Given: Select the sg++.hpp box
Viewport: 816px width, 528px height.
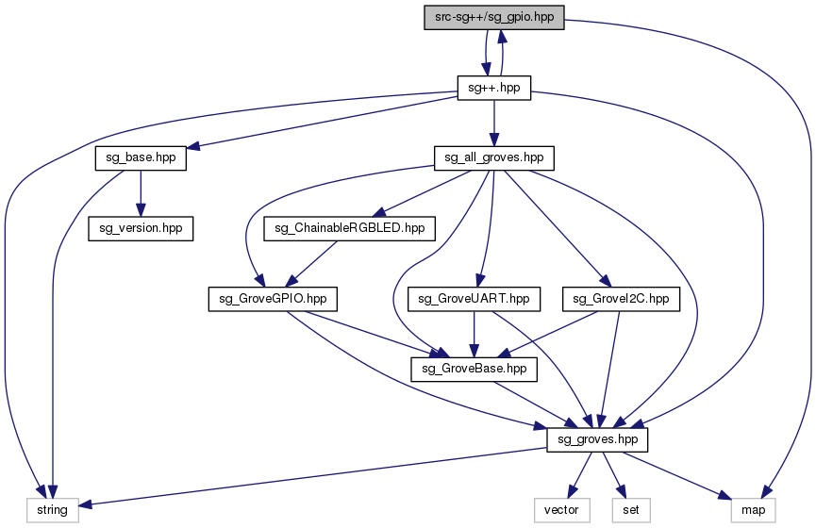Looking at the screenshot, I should click(493, 88).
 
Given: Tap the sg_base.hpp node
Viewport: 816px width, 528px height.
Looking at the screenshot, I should click(140, 158).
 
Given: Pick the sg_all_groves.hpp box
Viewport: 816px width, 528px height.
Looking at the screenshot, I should click(493, 158).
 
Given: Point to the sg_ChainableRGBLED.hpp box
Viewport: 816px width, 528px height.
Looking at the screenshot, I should click(349, 228).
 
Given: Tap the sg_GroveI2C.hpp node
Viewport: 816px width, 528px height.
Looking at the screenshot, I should click(621, 299).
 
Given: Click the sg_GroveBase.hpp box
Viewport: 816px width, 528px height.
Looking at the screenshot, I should click(474, 370).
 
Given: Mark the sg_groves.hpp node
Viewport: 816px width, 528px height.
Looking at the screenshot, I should click(598, 439).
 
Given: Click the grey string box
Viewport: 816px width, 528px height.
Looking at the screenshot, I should click(52, 510).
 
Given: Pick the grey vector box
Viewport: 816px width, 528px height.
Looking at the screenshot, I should click(562, 510).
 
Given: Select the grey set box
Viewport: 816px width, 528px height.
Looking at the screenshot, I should click(624, 510).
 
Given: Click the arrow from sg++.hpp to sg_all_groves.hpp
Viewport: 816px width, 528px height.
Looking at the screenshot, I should click(493, 123).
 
